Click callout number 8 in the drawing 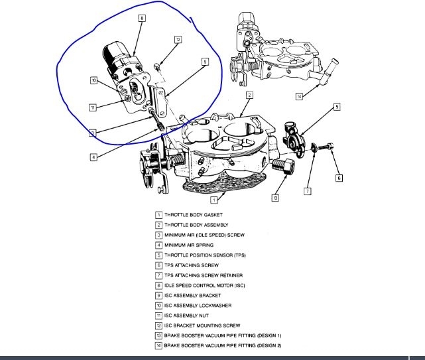(141, 19)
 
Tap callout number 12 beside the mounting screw (178, 40)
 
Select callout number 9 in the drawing (205, 62)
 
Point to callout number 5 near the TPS (337, 106)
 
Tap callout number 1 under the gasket (214, 200)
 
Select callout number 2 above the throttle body (249, 95)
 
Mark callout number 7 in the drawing (307, 191)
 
